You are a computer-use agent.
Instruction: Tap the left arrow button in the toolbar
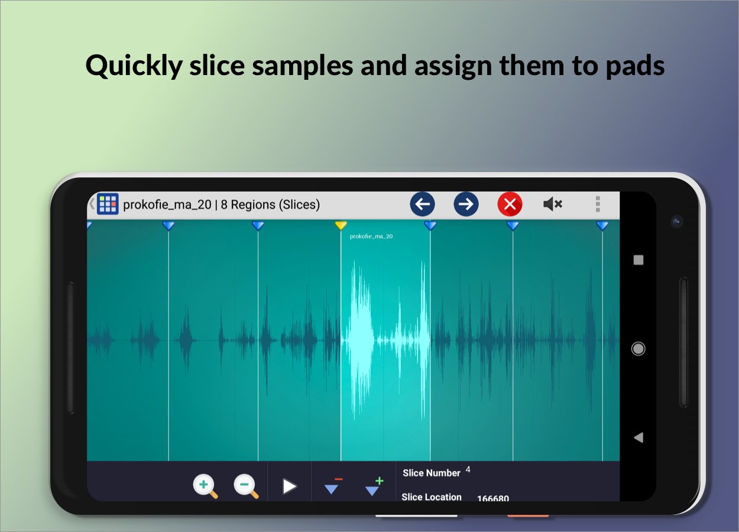point(422,204)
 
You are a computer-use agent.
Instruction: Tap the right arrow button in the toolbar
point(466,204)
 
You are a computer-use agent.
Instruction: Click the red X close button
point(510,204)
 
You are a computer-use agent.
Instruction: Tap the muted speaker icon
point(553,204)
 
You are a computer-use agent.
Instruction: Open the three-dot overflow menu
point(598,204)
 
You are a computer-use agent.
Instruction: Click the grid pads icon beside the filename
point(108,204)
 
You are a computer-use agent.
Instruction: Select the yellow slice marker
point(341,226)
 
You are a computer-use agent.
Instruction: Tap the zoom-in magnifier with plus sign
point(205,486)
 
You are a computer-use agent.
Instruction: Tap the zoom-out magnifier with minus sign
point(246,486)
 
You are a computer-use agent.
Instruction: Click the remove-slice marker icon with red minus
point(333,485)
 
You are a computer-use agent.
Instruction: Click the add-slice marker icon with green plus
point(374,486)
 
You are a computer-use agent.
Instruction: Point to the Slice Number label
point(431,473)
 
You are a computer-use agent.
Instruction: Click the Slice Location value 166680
point(493,498)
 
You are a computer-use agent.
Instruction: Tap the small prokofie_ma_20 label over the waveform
point(371,236)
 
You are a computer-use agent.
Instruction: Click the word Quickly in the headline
point(134,66)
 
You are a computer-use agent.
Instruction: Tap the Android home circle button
point(638,349)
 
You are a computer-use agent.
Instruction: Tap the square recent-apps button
point(638,260)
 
